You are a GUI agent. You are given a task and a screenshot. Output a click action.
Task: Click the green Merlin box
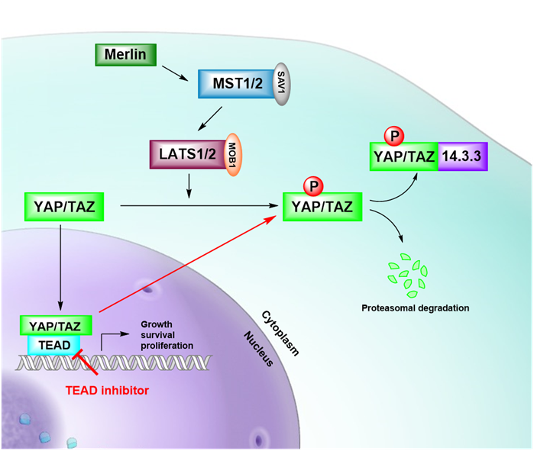125,55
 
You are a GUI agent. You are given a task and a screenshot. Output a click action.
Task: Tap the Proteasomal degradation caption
416,308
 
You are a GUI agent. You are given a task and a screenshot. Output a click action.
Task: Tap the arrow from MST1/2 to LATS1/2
207,118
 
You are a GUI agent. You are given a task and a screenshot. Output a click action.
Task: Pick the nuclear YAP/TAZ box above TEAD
56,324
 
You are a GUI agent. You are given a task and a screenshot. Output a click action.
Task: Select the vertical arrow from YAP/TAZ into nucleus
60,263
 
